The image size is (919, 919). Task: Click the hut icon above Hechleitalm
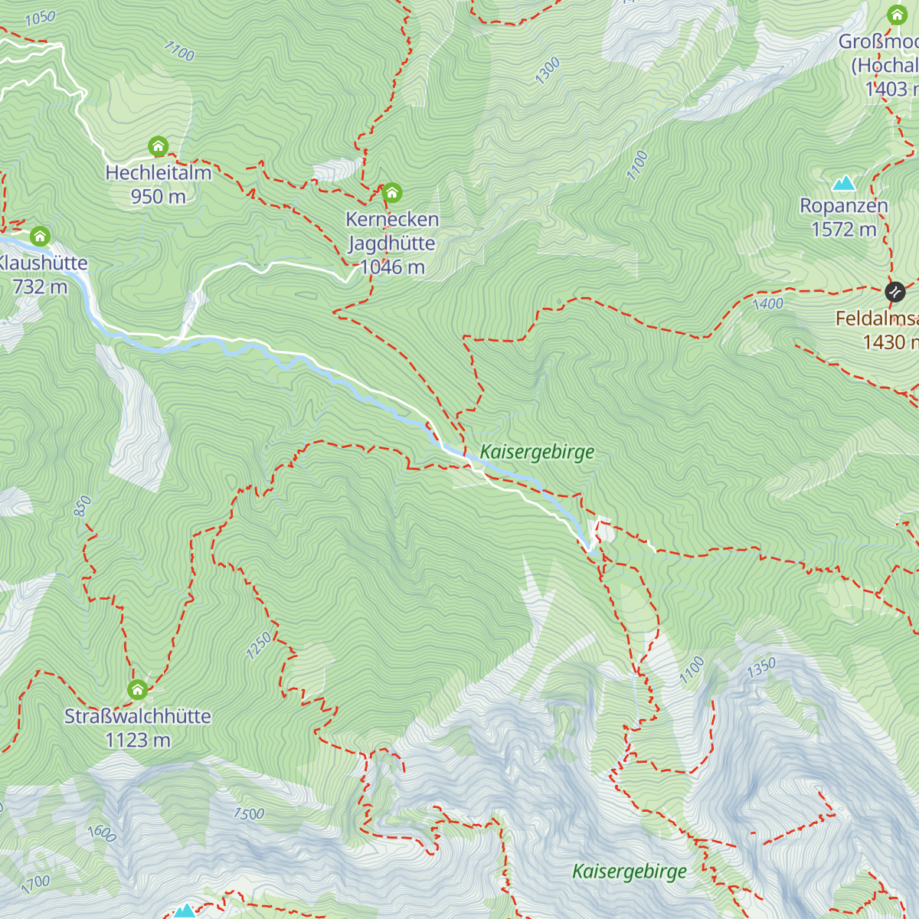(x=158, y=146)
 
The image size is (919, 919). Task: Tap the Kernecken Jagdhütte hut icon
(x=392, y=191)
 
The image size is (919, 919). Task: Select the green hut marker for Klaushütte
(x=40, y=236)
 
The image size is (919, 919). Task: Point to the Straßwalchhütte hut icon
(x=137, y=690)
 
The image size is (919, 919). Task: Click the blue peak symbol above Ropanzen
(x=844, y=182)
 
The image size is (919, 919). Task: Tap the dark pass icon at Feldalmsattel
(x=894, y=292)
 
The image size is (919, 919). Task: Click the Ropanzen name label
(x=844, y=205)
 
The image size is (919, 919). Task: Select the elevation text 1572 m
(x=844, y=229)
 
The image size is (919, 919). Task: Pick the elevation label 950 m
(x=158, y=196)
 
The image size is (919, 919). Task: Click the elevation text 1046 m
(x=392, y=267)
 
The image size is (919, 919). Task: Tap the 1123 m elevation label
(x=138, y=740)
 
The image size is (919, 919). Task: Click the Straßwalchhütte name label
(x=138, y=716)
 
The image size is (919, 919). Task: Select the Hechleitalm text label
(x=159, y=172)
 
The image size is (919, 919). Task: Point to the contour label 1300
(x=548, y=71)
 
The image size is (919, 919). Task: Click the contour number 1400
(x=767, y=304)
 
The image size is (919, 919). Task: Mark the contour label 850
(x=83, y=506)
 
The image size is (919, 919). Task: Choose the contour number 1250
(x=259, y=646)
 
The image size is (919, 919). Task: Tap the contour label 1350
(x=761, y=668)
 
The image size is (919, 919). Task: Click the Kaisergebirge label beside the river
(x=537, y=452)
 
